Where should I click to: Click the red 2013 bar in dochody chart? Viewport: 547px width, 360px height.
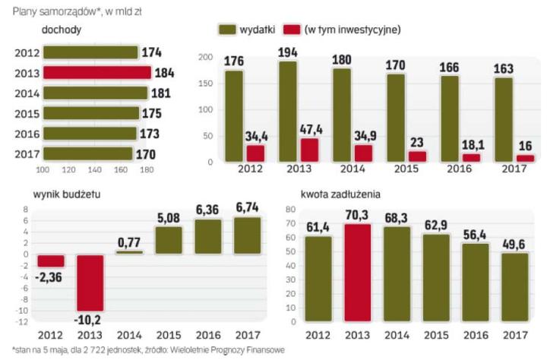(x=96, y=73)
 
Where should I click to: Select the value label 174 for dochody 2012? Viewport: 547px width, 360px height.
(x=152, y=52)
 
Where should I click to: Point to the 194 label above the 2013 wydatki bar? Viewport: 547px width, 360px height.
(x=287, y=53)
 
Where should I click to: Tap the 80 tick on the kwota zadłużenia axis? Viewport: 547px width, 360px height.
(x=289, y=210)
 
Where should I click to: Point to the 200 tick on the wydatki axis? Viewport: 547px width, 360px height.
(x=204, y=58)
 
